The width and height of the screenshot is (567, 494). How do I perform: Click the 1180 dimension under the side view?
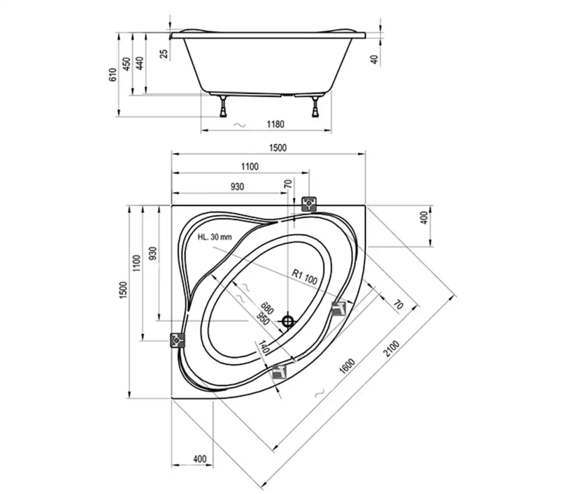pos(276,124)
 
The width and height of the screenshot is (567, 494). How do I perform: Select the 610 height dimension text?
pos(113,75)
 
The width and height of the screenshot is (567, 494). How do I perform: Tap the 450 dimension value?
pos(126,64)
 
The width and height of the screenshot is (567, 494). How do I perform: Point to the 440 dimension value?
pos(140,63)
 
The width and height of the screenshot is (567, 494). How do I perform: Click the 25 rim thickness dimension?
pos(164,53)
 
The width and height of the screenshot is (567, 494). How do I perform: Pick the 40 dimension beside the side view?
pos(375,59)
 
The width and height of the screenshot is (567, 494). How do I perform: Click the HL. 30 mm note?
pos(215,237)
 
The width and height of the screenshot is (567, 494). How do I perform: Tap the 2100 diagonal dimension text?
pos(392,349)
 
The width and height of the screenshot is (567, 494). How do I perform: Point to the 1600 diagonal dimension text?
pos(347,366)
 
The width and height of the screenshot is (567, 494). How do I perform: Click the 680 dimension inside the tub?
pos(267,308)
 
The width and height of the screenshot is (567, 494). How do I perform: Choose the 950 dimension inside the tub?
pos(263,318)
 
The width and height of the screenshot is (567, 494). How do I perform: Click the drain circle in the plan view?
pos(288,321)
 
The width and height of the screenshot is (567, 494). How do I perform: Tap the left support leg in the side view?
pos(223,106)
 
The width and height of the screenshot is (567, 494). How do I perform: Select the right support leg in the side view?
pos(316,106)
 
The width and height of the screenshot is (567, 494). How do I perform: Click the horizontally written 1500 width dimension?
pos(277,148)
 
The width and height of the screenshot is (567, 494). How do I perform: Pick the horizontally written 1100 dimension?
pos(250,167)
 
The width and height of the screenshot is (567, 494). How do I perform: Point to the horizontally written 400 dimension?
pos(199,459)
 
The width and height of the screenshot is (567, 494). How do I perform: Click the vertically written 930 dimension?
pos(153,254)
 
